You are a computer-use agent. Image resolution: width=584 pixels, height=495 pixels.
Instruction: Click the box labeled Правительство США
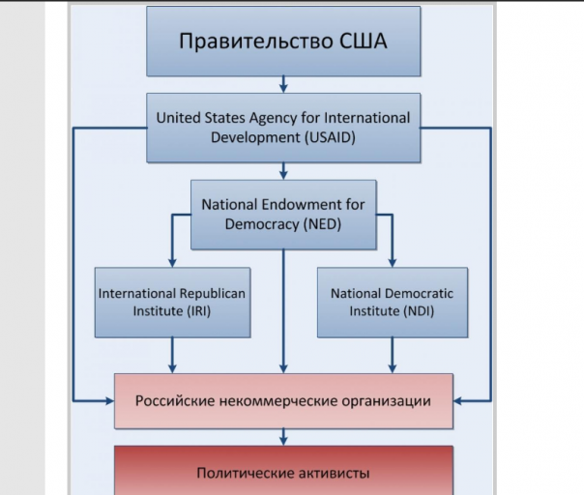(283, 41)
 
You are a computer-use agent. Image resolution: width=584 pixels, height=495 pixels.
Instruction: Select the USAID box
(283, 128)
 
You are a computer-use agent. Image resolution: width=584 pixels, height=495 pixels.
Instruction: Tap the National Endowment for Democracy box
(283, 215)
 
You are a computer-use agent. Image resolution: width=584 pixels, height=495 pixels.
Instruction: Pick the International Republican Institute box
(172, 302)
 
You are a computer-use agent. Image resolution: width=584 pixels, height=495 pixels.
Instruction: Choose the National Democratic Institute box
(392, 302)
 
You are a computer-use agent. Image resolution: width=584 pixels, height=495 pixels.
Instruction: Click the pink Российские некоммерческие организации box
(283, 400)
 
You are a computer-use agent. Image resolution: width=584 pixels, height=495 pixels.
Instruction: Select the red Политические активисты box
(283, 472)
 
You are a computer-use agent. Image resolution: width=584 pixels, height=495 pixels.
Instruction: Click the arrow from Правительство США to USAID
(283, 84)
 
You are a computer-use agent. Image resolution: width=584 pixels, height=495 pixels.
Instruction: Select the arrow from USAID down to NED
(283, 171)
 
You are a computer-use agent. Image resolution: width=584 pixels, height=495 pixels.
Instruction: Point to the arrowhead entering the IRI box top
(172, 261)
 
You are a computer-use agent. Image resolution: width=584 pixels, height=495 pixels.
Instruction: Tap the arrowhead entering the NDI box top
(392, 261)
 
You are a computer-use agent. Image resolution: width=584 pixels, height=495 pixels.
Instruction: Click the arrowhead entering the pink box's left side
(108, 399)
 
